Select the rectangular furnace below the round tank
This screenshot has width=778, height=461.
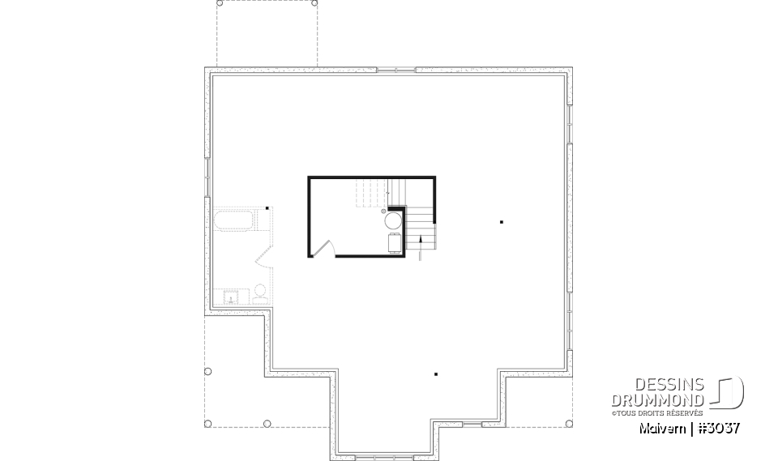(x=394, y=242)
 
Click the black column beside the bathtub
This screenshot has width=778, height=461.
(x=268, y=207)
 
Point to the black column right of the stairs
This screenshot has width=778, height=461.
(x=502, y=221)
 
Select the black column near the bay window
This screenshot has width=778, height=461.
(x=436, y=373)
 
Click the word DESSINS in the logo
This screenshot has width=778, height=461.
(x=669, y=386)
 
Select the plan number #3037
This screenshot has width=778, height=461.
(x=716, y=428)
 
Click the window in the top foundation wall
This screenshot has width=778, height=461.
(x=396, y=70)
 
